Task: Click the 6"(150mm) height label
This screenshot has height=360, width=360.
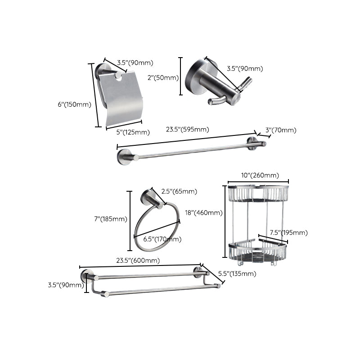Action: click(x=75, y=104)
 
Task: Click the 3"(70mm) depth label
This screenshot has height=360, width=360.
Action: click(x=281, y=130)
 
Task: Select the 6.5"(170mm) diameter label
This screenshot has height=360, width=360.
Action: click(x=162, y=239)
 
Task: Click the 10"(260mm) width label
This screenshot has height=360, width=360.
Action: click(x=259, y=175)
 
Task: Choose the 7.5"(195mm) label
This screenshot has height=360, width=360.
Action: click(x=288, y=233)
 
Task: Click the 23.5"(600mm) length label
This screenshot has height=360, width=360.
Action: click(x=138, y=261)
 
